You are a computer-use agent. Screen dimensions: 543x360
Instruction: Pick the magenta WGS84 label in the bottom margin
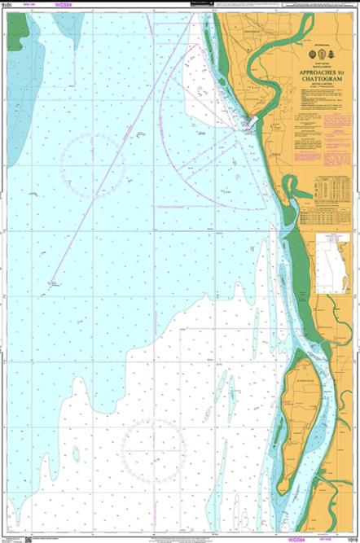coord(290,538)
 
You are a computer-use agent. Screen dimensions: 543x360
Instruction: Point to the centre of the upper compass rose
coord(92,159)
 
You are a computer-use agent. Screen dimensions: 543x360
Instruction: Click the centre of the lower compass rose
coord(154,449)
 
